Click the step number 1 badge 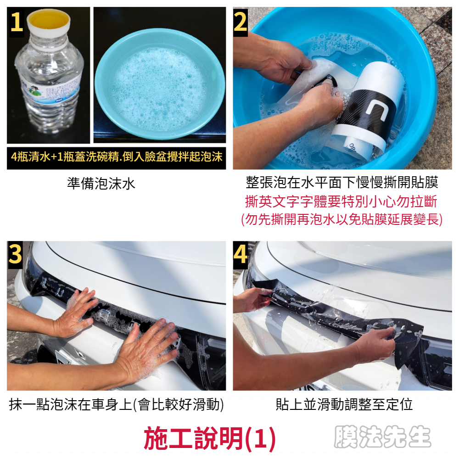16,22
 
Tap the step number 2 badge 241,22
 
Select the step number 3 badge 15,255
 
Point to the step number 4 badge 241,255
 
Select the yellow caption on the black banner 117,157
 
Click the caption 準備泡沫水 101,184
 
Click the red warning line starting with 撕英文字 341,202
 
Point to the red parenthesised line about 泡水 341,219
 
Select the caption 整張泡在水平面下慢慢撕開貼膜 342,182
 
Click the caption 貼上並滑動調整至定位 344,404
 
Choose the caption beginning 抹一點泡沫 117,405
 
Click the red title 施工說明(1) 210,438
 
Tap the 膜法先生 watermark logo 382,437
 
